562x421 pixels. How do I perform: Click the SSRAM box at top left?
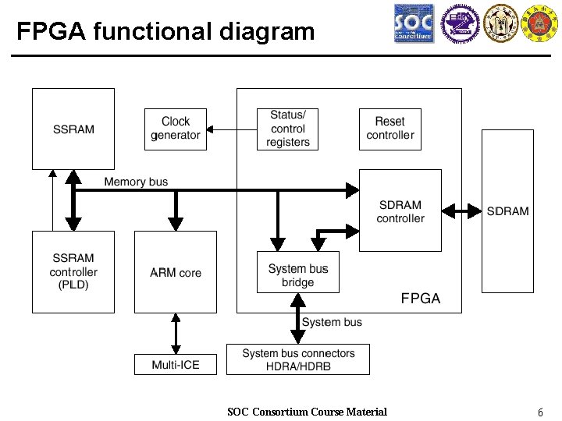(73, 129)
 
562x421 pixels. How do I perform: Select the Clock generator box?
(176, 129)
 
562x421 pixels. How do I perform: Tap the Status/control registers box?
(288, 129)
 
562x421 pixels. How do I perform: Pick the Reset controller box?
(389, 129)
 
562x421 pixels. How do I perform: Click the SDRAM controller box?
(400, 210)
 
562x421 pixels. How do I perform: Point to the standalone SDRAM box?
(507, 210)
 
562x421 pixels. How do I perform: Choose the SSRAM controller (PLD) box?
(73, 271)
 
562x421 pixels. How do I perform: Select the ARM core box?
(176, 272)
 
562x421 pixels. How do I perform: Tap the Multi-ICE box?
(176, 364)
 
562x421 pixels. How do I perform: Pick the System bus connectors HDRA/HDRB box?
(298, 359)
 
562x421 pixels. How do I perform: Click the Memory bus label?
(136, 182)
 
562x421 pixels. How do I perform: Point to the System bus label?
(332, 322)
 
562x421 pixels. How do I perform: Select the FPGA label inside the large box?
(420, 298)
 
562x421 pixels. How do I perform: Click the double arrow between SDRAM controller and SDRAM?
(461, 210)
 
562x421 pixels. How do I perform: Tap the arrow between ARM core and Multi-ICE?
(176, 334)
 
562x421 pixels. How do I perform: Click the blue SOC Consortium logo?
(414, 24)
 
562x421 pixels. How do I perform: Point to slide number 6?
(540, 412)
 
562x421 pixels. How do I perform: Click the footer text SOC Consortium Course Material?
(307, 412)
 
